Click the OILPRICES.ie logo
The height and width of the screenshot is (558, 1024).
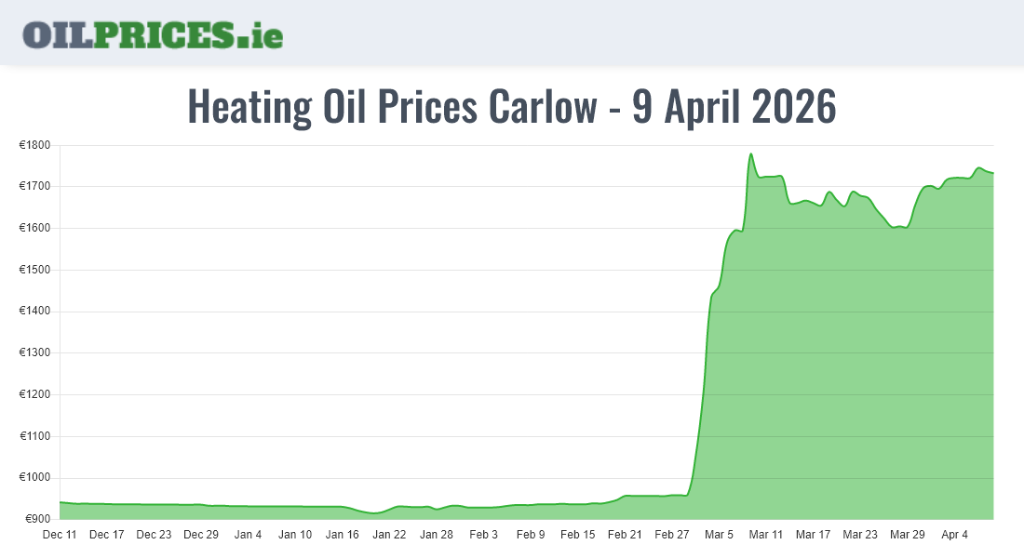153,34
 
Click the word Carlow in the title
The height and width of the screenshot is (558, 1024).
542,107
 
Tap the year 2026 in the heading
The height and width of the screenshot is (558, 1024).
793,107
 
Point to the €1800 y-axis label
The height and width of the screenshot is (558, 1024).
35,145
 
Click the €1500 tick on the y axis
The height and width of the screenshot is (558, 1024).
35,270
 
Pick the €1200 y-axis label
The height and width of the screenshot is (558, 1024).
35,394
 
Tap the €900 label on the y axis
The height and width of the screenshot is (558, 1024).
38,519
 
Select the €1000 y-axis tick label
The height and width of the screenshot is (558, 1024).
35,478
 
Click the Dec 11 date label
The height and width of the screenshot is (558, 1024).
60,535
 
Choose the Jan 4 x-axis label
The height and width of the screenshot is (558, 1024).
248,535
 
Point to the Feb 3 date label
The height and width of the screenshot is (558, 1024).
483,535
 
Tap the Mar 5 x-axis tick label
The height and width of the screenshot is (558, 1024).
719,535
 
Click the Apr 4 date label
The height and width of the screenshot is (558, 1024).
954,535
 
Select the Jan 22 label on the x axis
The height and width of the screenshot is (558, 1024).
389,535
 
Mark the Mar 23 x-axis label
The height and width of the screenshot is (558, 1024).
860,535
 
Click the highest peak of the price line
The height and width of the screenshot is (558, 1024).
750,154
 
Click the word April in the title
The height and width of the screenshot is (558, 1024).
696,107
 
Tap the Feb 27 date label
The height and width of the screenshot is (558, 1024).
672,535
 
